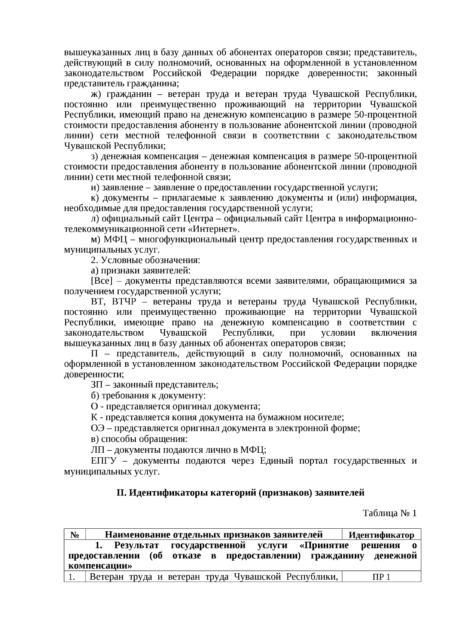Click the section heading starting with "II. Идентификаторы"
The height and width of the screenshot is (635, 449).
pos(240,492)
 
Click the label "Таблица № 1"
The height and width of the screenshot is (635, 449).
pos(390,513)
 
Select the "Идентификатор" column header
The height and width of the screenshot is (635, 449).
pos(381,535)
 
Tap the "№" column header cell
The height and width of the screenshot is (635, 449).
pos(74,535)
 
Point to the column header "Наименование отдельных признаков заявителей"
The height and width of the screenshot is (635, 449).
pos(214,534)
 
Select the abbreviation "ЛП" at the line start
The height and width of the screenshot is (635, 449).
pos(97,450)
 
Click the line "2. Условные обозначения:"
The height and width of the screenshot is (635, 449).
pos(146,260)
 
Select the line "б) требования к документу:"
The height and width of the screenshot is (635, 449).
pos(148,396)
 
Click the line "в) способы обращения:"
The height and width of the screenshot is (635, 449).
pos(139,439)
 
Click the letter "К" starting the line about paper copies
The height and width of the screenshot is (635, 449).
pos(94,417)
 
